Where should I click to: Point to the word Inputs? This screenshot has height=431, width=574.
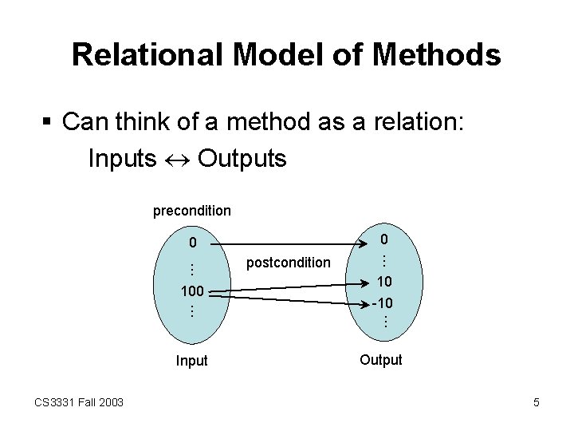click(x=122, y=158)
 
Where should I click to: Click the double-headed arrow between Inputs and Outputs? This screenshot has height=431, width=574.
click(x=177, y=159)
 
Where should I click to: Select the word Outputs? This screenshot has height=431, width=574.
click(x=242, y=158)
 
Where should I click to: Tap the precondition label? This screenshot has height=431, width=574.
click(x=192, y=211)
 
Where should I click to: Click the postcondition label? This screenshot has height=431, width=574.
click(x=289, y=262)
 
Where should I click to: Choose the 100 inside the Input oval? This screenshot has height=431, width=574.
click(x=192, y=291)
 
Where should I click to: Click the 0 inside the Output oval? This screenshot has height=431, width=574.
click(x=383, y=239)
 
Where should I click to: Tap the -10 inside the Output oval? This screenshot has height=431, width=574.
click(x=383, y=303)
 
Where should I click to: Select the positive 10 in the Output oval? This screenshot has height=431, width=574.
click(x=383, y=282)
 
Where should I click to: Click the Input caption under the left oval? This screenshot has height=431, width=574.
click(x=191, y=361)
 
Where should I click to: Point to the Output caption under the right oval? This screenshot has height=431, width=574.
click(x=381, y=360)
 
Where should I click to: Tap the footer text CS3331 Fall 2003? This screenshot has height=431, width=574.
click(x=79, y=402)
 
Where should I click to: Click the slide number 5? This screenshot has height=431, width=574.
click(x=537, y=402)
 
